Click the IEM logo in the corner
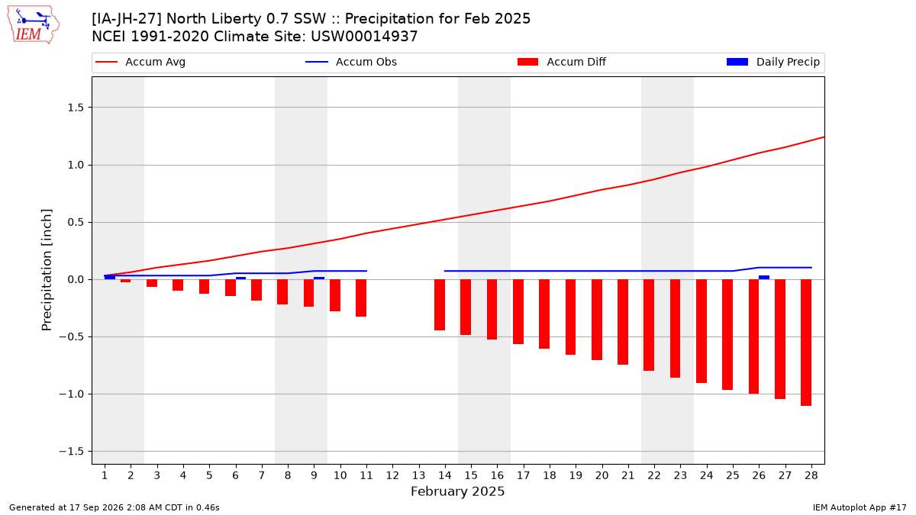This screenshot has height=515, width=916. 33,25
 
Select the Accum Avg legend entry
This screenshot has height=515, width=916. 140,62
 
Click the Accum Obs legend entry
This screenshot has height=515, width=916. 351,62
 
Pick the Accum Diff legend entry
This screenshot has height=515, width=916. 562,62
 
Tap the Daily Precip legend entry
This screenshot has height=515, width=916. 772,62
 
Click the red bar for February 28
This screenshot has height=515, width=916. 806,343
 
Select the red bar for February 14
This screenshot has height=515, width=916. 440,305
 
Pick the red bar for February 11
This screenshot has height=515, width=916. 361,298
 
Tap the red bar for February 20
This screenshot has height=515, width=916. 597,320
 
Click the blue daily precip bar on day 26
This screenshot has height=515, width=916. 764,278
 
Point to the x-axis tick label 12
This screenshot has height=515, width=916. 392,475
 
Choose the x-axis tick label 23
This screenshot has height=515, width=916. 680,475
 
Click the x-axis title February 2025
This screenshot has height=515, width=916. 457,491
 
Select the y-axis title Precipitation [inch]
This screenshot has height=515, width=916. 47,270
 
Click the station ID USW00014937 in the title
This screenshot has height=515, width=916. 364,37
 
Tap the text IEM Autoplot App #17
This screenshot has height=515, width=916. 860,507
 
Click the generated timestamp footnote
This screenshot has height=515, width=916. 114,507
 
